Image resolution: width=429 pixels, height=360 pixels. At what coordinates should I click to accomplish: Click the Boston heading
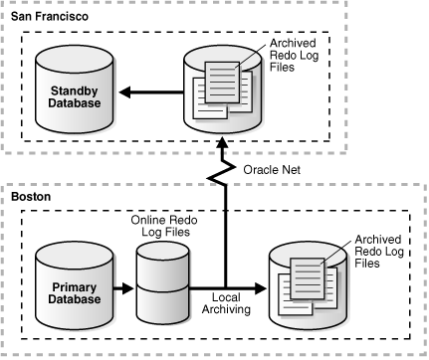pos(31,198)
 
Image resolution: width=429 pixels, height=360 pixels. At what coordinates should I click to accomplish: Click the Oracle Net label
pos(271,169)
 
